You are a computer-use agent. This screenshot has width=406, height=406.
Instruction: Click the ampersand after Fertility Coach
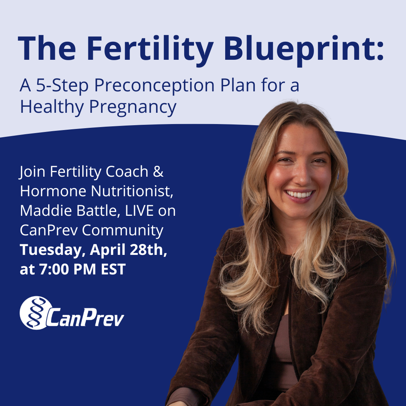[x=158, y=172]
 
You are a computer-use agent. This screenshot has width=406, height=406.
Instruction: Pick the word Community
[x=123, y=230]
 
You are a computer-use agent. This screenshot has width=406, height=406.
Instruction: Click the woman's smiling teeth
[x=300, y=194]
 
